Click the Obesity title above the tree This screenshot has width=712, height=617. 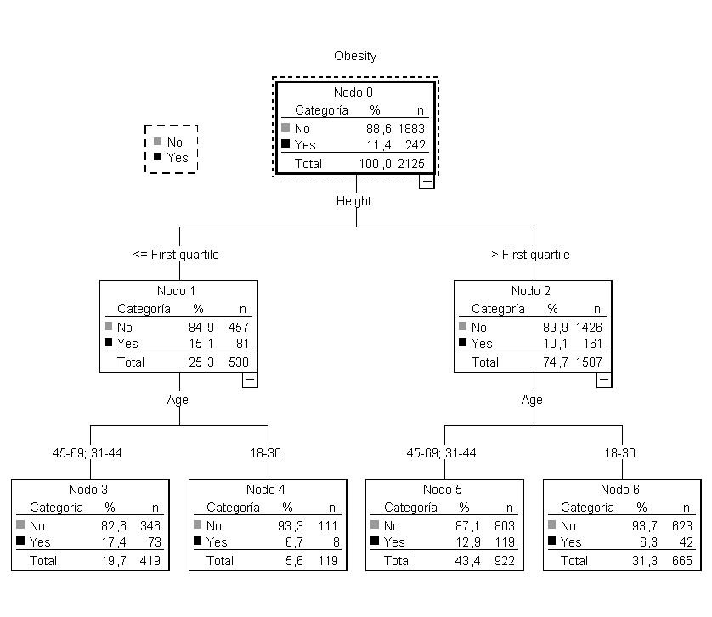tap(355, 56)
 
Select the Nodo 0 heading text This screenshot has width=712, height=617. tap(354, 93)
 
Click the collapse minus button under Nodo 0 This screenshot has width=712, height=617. tap(427, 181)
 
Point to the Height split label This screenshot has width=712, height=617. tap(353, 201)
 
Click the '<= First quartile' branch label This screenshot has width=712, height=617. tap(176, 255)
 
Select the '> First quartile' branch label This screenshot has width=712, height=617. tap(530, 255)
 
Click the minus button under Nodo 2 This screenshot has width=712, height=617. tap(603, 380)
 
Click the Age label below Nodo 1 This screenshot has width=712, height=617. tap(178, 400)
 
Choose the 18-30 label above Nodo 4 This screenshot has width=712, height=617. tap(266, 453)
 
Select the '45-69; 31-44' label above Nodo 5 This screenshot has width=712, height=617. tap(442, 453)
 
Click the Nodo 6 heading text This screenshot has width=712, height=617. tap(620, 490)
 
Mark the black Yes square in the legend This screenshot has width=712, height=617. tap(157, 157)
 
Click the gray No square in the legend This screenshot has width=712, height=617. tap(157, 142)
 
